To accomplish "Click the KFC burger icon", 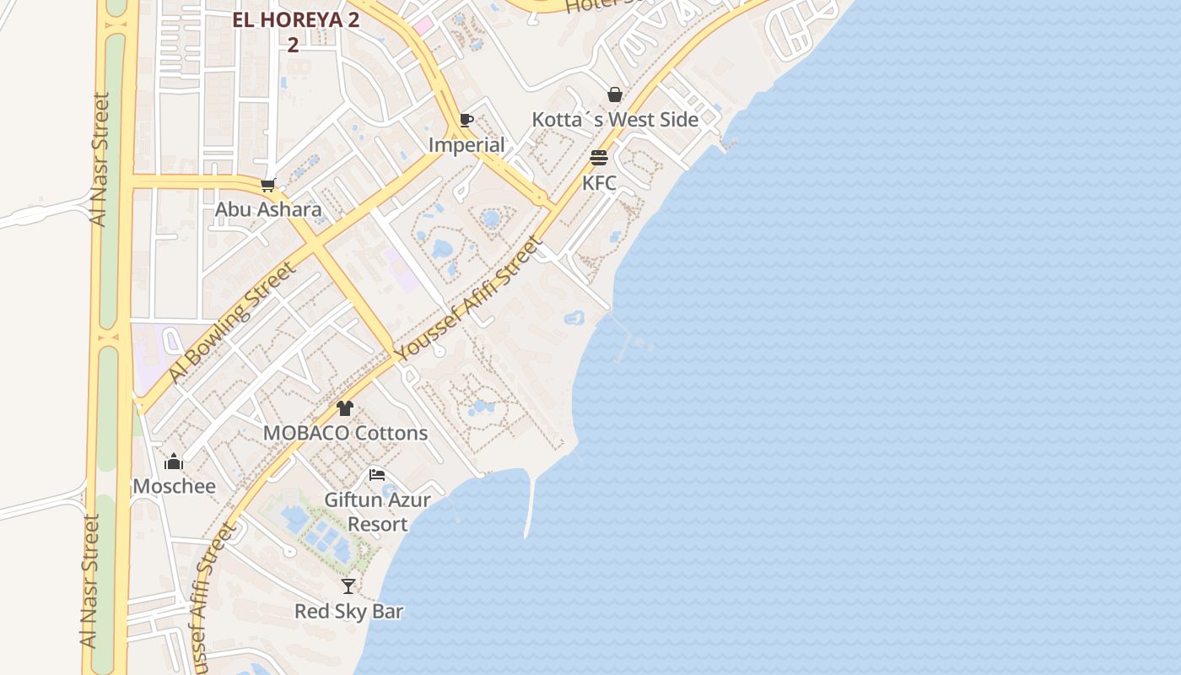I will point(599,158).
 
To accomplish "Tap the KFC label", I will point(599,183).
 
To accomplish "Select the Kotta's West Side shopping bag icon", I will point(615,94).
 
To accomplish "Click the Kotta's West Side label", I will point(615,120).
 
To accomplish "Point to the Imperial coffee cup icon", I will point(466,120).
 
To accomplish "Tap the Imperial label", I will point(466,145).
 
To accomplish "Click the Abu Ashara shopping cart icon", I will point(268,185).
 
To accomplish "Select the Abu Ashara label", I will point(268,209).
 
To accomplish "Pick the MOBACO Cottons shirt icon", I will point(345,408).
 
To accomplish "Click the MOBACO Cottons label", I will point(345,433).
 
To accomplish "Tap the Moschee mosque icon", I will point(174,462).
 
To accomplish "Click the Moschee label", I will point(174,486).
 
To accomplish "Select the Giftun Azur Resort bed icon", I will point(377,475).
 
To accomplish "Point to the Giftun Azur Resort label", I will point(377,511).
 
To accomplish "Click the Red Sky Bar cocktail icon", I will point(348,586).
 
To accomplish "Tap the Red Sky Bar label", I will point(348,611).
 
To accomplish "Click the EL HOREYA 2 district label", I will point(295,21).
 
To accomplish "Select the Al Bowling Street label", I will point(231,321).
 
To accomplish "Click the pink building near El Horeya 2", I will point(422,26).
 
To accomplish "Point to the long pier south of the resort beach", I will point(530,506).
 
